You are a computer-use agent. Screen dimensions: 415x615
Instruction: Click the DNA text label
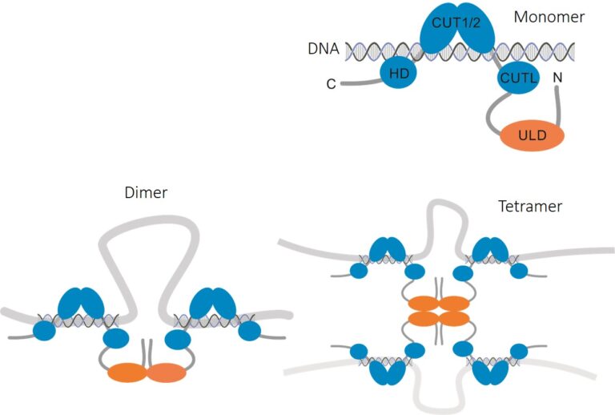click(x=323, y=50)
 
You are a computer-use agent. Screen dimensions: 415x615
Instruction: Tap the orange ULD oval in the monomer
click(x=533, y=135)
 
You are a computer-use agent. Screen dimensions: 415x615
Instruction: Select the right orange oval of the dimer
click(x=165, y=373)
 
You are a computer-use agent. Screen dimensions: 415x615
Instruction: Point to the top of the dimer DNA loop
click(x=147, y=224)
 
